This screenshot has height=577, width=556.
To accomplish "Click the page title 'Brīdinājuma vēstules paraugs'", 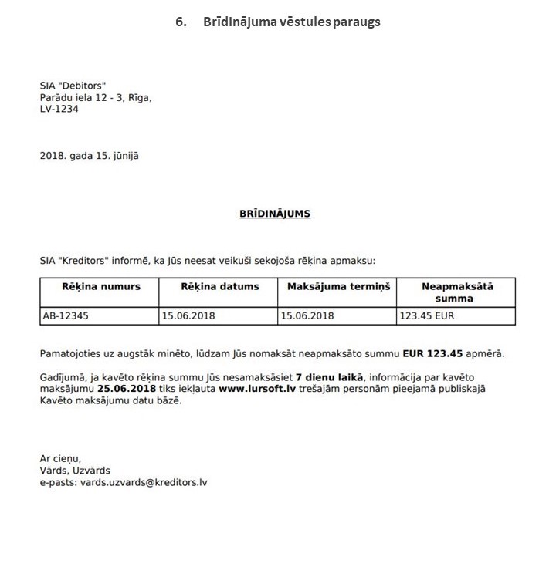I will [x=291, y=21].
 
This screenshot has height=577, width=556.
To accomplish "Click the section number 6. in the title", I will [x=181, y=21].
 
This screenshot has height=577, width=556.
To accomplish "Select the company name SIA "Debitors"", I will [x=73, y=85].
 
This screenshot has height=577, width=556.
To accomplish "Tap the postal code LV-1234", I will [x=59, y=109].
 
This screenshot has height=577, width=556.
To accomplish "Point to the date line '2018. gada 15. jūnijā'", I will [x=89, y=155].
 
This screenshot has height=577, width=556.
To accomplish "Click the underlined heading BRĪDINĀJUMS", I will [x=275, y=214].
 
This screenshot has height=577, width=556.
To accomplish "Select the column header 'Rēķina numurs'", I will [x=101, y=286].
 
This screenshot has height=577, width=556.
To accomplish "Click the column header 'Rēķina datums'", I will [x=220, y=286].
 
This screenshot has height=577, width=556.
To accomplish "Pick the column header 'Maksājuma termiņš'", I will [x=339, y=286].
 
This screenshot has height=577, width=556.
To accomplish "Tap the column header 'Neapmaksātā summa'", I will [x=458, y=292].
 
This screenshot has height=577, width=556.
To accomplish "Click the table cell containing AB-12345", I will [x=66, y=315].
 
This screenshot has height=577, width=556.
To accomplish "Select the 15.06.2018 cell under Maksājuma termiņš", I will [x=307, y=315].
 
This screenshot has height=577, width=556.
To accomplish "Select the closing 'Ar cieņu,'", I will [x=60, y=458].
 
